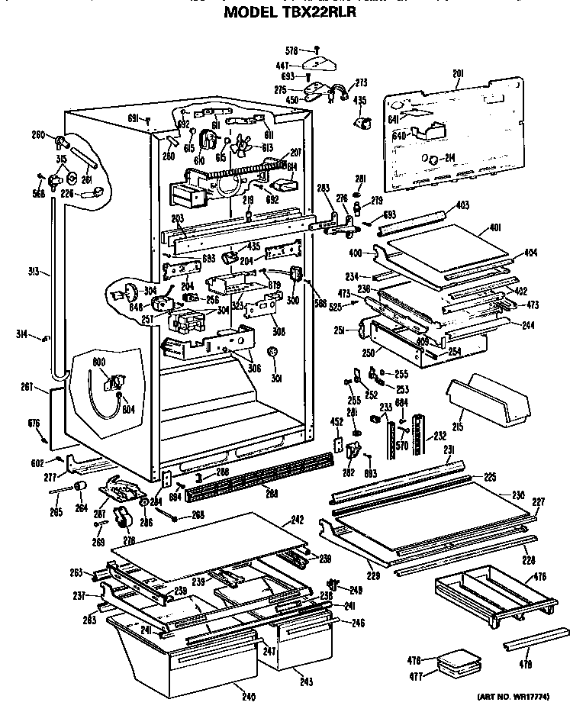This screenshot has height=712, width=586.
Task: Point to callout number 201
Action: tap(458, 73)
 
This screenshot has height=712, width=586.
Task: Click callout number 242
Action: tap(296, 520)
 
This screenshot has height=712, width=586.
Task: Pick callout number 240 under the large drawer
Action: tap(249, 696)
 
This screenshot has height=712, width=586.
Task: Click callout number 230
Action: tap(518, 495)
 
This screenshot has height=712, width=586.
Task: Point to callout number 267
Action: tap(27, 388)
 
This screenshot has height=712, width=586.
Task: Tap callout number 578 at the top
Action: tap(291, 50)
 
